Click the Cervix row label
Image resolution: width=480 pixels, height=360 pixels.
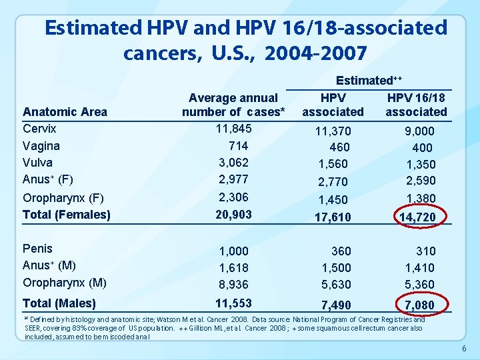39,129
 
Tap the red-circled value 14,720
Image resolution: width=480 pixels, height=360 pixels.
417,216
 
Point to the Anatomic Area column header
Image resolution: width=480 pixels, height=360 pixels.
65,111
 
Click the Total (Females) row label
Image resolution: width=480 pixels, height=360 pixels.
66,214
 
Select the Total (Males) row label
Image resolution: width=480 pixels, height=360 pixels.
59,303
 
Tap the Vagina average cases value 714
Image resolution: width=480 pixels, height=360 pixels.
238,145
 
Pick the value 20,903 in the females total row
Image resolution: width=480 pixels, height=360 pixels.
233,214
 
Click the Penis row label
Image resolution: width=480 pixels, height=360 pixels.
37,249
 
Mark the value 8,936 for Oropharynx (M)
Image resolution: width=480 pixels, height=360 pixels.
233,284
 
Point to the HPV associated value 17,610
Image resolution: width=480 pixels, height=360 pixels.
332,216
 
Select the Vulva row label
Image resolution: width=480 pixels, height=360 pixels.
38,162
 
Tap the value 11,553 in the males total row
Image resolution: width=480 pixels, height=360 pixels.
233,303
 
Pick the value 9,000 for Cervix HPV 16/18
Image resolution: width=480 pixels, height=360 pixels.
419,131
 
